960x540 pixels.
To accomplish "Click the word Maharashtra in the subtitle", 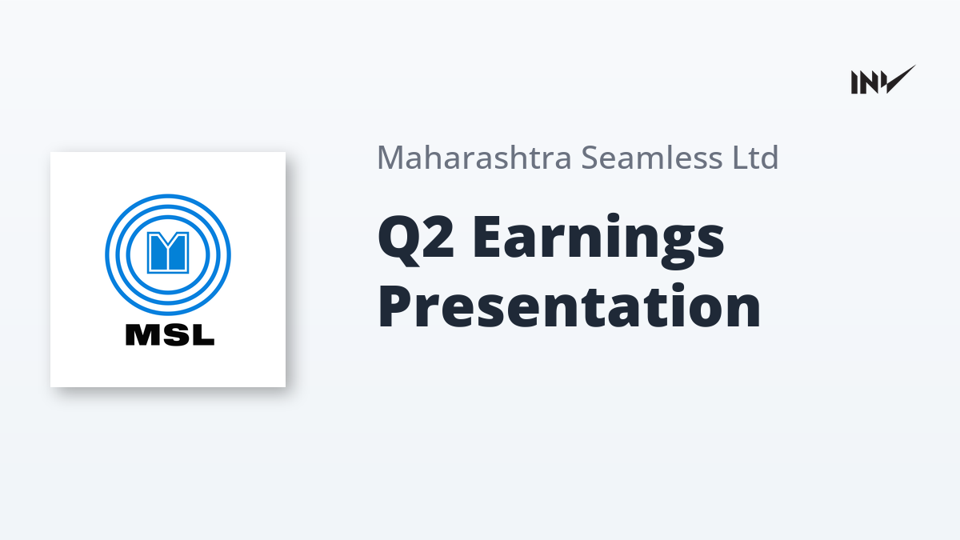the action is [474, 158].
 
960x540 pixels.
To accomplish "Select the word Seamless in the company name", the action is [652, 158].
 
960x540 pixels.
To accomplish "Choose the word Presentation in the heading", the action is [569, 306].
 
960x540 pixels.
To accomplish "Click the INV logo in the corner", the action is [883, 80].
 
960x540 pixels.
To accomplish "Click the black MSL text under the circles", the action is [170, 334].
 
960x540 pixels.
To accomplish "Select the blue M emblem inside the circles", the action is [168, 253].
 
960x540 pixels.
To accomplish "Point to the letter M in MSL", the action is [140, 334].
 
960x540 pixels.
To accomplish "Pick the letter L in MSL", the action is [202, 334].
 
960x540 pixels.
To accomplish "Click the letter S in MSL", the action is [172, 334].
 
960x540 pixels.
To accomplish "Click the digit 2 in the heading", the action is [438, 237].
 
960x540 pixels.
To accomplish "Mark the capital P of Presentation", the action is [395, 306].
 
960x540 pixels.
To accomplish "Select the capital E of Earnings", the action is [487, 237].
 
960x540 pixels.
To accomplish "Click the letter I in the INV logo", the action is [854, 82].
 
